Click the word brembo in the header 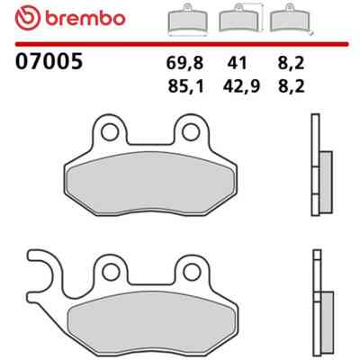85,18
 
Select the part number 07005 49,61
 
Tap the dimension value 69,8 184,63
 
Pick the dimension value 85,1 186,86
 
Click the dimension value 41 237,63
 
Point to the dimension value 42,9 241,86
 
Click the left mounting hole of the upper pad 109,132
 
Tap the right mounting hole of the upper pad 191,132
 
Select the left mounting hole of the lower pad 111,272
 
